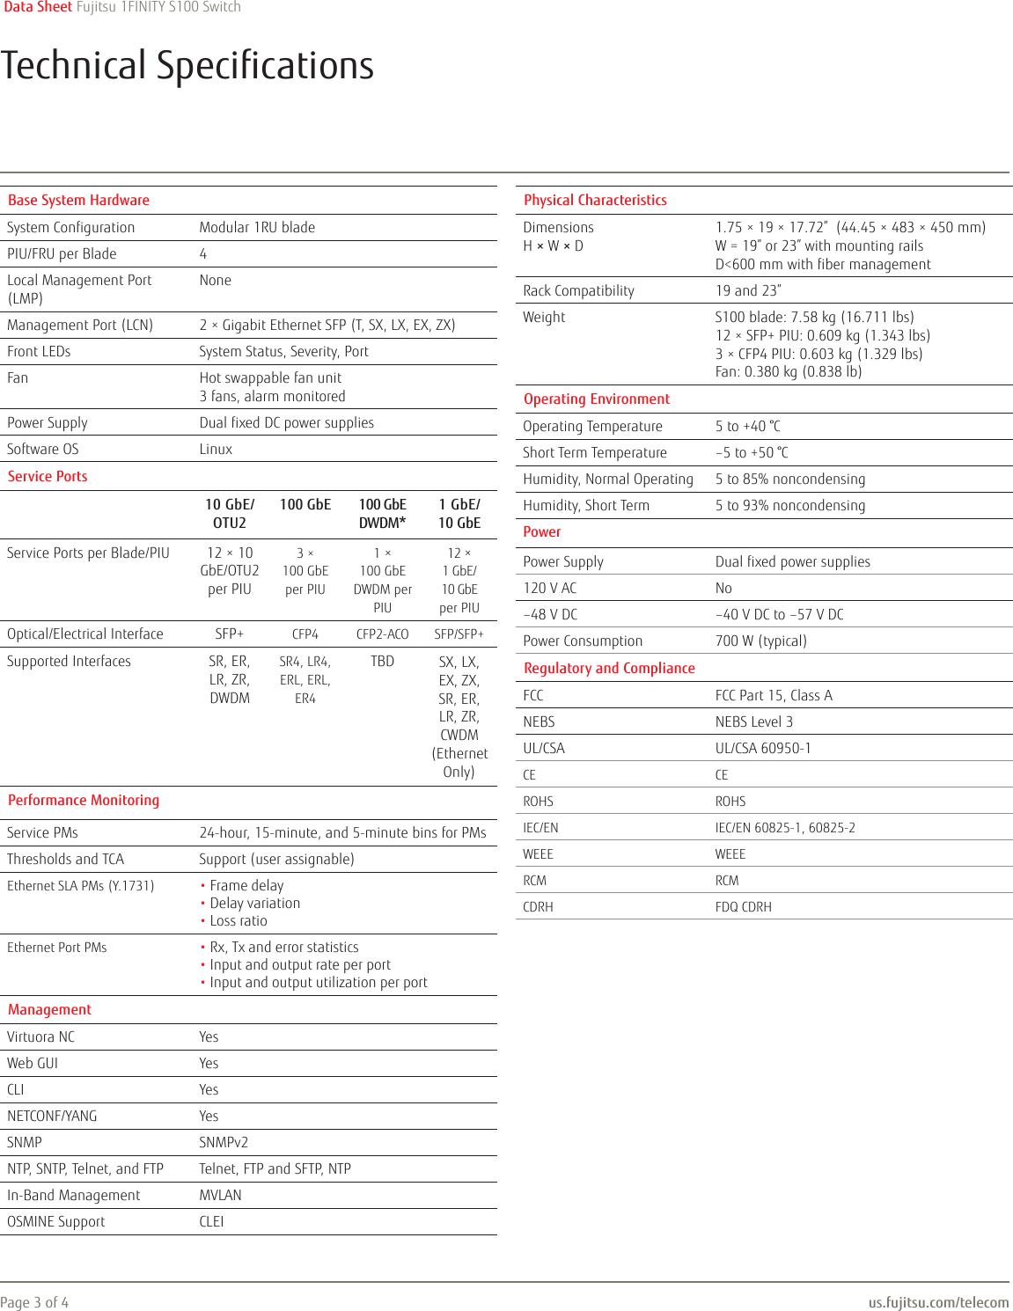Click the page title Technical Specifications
click(x=187, y=66)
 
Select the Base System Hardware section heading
click(x=78, y=201)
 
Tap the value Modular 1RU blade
click(x=257, y=227)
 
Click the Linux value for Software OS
click(x=216, y=449)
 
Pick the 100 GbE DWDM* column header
click(x=382, y=513)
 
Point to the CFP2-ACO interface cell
click(x=382, y=634)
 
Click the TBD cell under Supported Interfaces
click(x=382, y=661)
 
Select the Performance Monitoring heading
click(x=84, y=800)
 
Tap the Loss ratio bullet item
click(x=238, y=920)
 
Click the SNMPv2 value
click(x=224, y=1142)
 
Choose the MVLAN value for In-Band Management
click(x=220, y=1195)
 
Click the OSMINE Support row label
click(x=55, y=1221)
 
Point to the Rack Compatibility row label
click(x=578, y=290)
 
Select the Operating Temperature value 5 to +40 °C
click(x=747, y=426)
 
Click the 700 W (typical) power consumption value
click(x=760, y=641)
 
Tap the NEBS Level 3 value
click(x=753, y=721)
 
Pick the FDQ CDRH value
click(x=743, y=906)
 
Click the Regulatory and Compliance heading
click(x=609, y=668)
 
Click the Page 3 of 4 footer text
click(x=34, y=1302)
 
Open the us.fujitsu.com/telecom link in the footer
click(x=938, y=1302)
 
